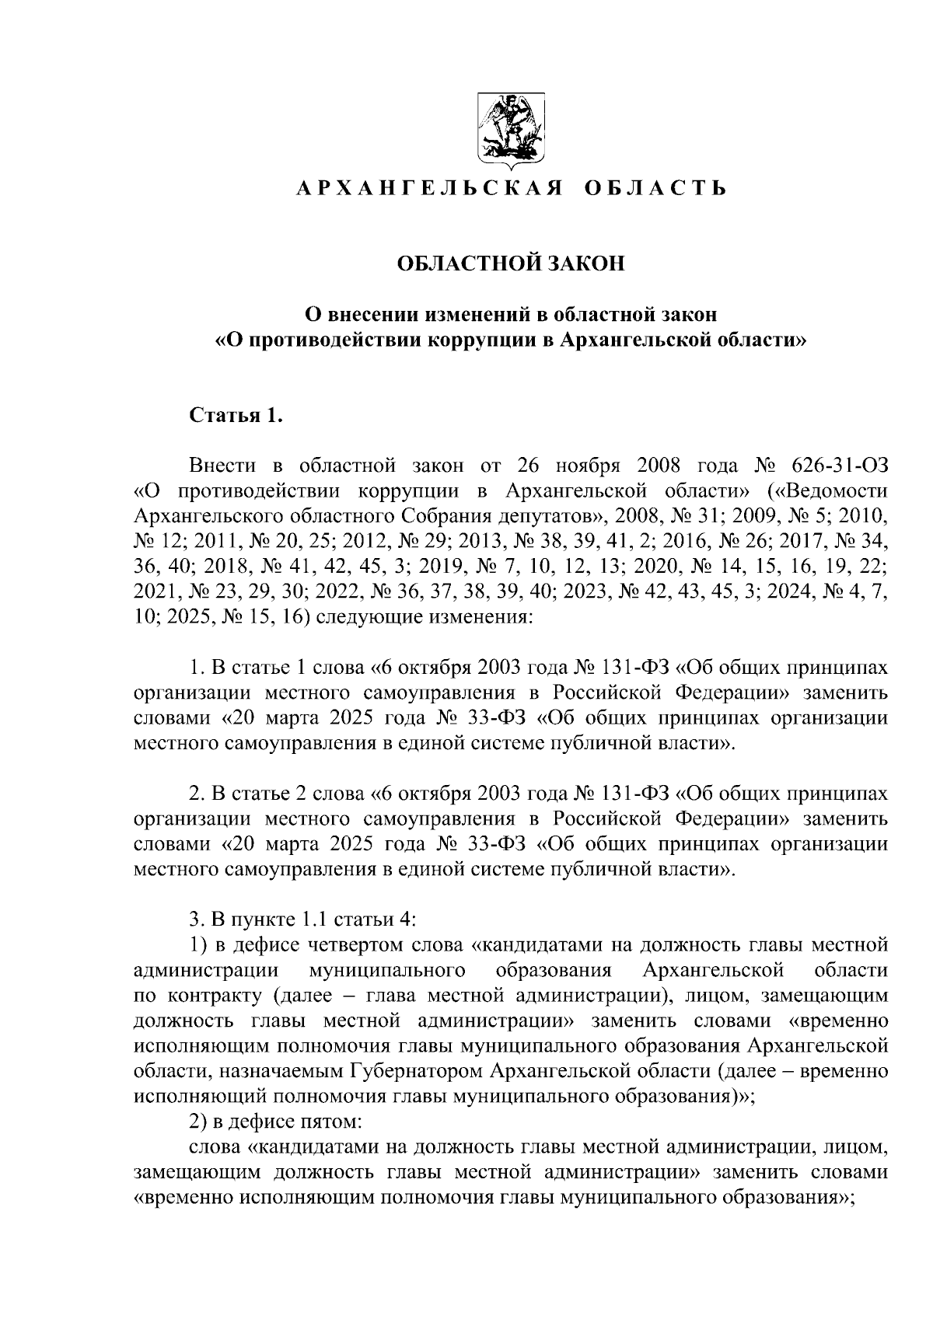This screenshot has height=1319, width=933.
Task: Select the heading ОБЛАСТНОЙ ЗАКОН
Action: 511,264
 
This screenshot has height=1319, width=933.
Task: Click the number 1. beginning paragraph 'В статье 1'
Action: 198,668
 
